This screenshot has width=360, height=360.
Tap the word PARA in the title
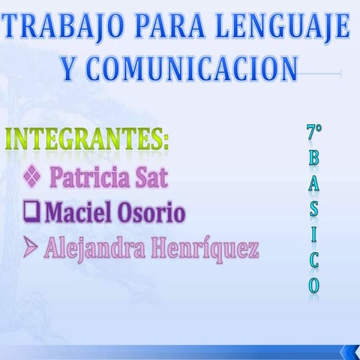164,28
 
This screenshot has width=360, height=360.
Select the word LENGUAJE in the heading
284,28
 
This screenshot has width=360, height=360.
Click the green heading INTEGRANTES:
87,139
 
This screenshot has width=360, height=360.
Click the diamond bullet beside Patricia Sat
32,177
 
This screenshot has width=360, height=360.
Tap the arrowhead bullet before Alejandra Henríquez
31,247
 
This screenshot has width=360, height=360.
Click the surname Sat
151,178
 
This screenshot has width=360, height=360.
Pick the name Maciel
79,213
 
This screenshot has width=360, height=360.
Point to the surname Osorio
151,213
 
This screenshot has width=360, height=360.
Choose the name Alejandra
94,248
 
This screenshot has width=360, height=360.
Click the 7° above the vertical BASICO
314,133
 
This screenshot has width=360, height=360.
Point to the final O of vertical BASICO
313,285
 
